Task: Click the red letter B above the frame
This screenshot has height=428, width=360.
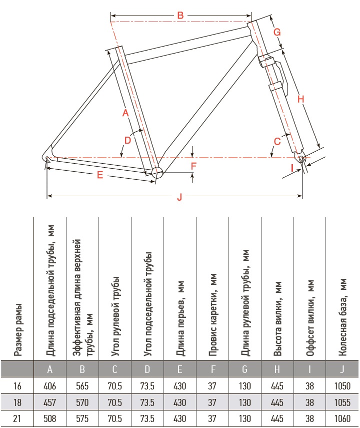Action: point(180,16)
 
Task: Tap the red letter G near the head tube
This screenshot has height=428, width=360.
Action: point(277,32)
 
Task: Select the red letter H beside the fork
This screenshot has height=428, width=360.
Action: point(300,99)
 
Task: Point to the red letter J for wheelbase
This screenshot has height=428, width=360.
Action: point(179,197)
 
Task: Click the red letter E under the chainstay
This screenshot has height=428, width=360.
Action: point(100,175)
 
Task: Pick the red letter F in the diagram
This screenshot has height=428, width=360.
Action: point(193,166)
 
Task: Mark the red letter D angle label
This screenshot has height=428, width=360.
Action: point(127,140)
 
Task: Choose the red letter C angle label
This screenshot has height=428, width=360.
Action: point(277,141)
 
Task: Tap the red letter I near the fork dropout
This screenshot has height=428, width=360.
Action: point(292,168)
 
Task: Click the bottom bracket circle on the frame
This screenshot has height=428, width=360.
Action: point(157,173)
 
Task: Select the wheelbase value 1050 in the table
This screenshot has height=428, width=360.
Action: point(342,386)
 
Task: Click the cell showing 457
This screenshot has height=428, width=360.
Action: point(49,402)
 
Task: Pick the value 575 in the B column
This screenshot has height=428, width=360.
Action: point(82,418)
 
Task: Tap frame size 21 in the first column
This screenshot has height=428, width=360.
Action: point(17,418)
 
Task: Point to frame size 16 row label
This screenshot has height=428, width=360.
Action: point(17,386)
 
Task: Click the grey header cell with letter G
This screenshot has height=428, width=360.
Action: point(244,369)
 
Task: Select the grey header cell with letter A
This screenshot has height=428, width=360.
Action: point(50,369)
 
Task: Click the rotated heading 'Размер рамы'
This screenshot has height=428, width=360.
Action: point(17,329)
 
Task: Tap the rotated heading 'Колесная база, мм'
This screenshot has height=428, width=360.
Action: point(342,317)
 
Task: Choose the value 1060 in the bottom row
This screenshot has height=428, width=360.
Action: point(342,418)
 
